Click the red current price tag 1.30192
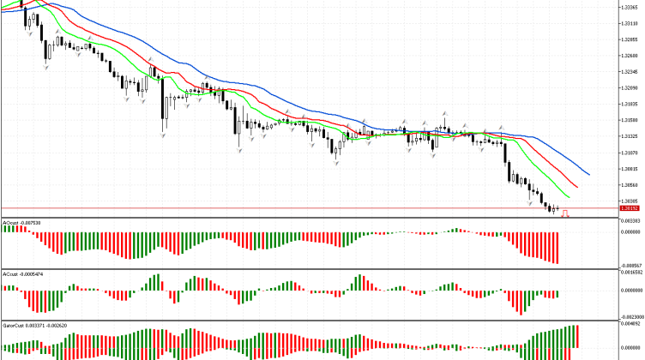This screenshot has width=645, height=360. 630,208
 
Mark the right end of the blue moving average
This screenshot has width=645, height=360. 589,174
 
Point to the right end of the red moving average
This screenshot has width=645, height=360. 577,186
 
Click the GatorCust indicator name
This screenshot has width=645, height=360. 12,326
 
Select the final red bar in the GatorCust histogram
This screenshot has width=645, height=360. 578,336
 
